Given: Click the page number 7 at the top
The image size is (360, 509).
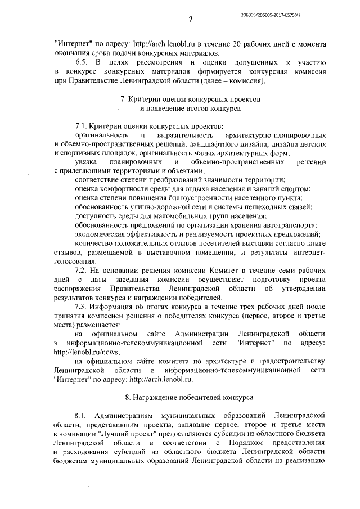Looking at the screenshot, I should [x=191, y=20].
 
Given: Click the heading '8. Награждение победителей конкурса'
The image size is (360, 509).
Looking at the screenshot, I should [x=191, y=397].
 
